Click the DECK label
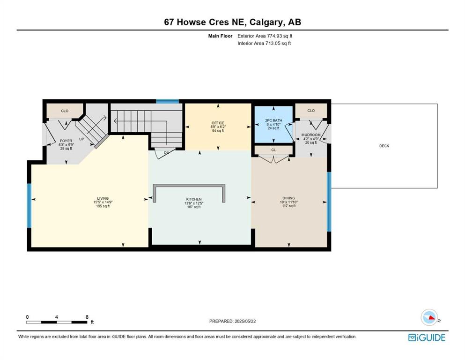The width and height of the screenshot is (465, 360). coord(384,146)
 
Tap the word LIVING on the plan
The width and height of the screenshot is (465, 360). coord(103,198)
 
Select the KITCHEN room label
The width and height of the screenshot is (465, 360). coord(194,199)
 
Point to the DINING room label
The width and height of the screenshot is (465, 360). coord(288,198)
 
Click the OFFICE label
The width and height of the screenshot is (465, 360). coord(218,123)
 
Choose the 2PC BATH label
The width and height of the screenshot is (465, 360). coord(273,120)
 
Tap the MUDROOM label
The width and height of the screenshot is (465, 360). coord(311,135)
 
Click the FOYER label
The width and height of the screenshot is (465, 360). coord(66,141)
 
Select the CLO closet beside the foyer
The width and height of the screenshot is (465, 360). coord(65,111)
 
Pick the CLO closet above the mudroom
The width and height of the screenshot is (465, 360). coord(311,111)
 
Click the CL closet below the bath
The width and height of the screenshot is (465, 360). coord(273,150)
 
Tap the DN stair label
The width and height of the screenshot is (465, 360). coord(166,152)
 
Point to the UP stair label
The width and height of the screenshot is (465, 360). coord(81,139)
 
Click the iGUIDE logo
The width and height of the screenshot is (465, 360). coord(427,338)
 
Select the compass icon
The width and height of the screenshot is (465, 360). coord(429,317)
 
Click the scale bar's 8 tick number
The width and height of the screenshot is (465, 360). coord(87,317)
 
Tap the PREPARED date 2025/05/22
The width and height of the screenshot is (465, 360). coord(245,321)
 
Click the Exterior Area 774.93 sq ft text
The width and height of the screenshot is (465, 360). coord(265,36)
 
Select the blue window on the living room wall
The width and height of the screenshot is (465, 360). coord(29,206)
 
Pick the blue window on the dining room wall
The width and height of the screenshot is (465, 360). coord(329,202)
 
